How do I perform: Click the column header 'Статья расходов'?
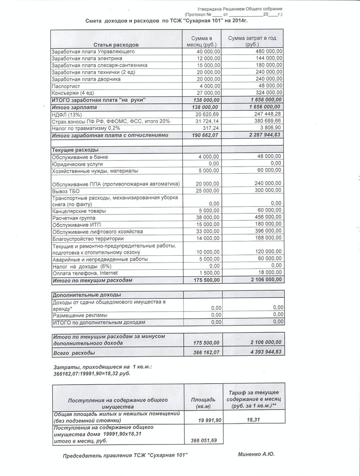tap(116, 45)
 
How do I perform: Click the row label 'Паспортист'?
tap(66, 86)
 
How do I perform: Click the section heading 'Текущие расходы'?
tap(76, 150)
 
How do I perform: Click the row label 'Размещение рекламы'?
tap(80, 315)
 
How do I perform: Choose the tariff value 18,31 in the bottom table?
tap(254, 419)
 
